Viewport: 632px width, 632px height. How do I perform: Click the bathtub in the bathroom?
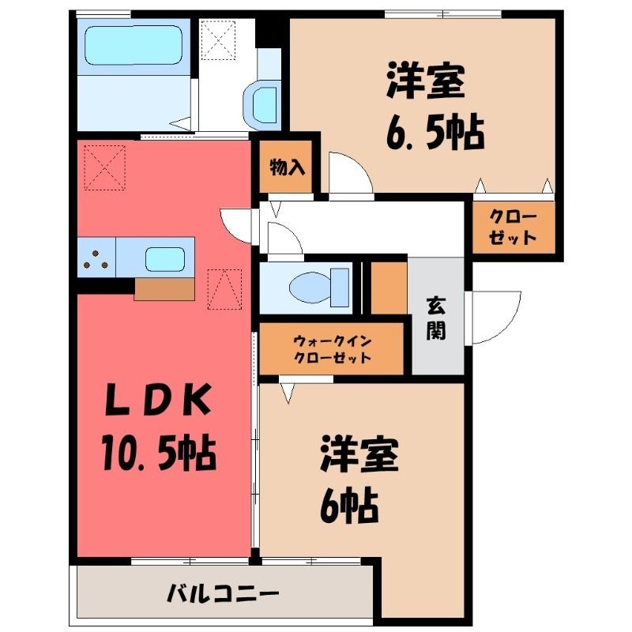pos(134,46)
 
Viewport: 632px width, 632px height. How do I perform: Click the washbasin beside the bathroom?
pos(261,104)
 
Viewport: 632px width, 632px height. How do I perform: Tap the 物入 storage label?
pos(287,167)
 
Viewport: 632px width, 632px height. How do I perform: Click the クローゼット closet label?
pos(513,227)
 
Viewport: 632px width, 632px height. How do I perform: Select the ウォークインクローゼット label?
pos(332,349)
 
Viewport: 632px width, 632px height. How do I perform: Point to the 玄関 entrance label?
pos(436,318)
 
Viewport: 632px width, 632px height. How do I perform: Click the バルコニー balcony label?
pos(223,593)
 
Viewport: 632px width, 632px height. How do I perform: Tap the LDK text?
pos(159,401)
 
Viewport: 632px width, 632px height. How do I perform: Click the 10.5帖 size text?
pos(159,453)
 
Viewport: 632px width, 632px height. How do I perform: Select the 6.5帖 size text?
pos(435,132)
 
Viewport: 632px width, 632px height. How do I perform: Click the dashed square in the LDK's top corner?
pos(104,167)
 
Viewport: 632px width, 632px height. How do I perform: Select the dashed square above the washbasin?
pos(218,40)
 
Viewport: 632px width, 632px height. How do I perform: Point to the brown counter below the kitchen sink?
pos(164,289)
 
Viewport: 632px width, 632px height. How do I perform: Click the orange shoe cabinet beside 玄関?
pos(389,288)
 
